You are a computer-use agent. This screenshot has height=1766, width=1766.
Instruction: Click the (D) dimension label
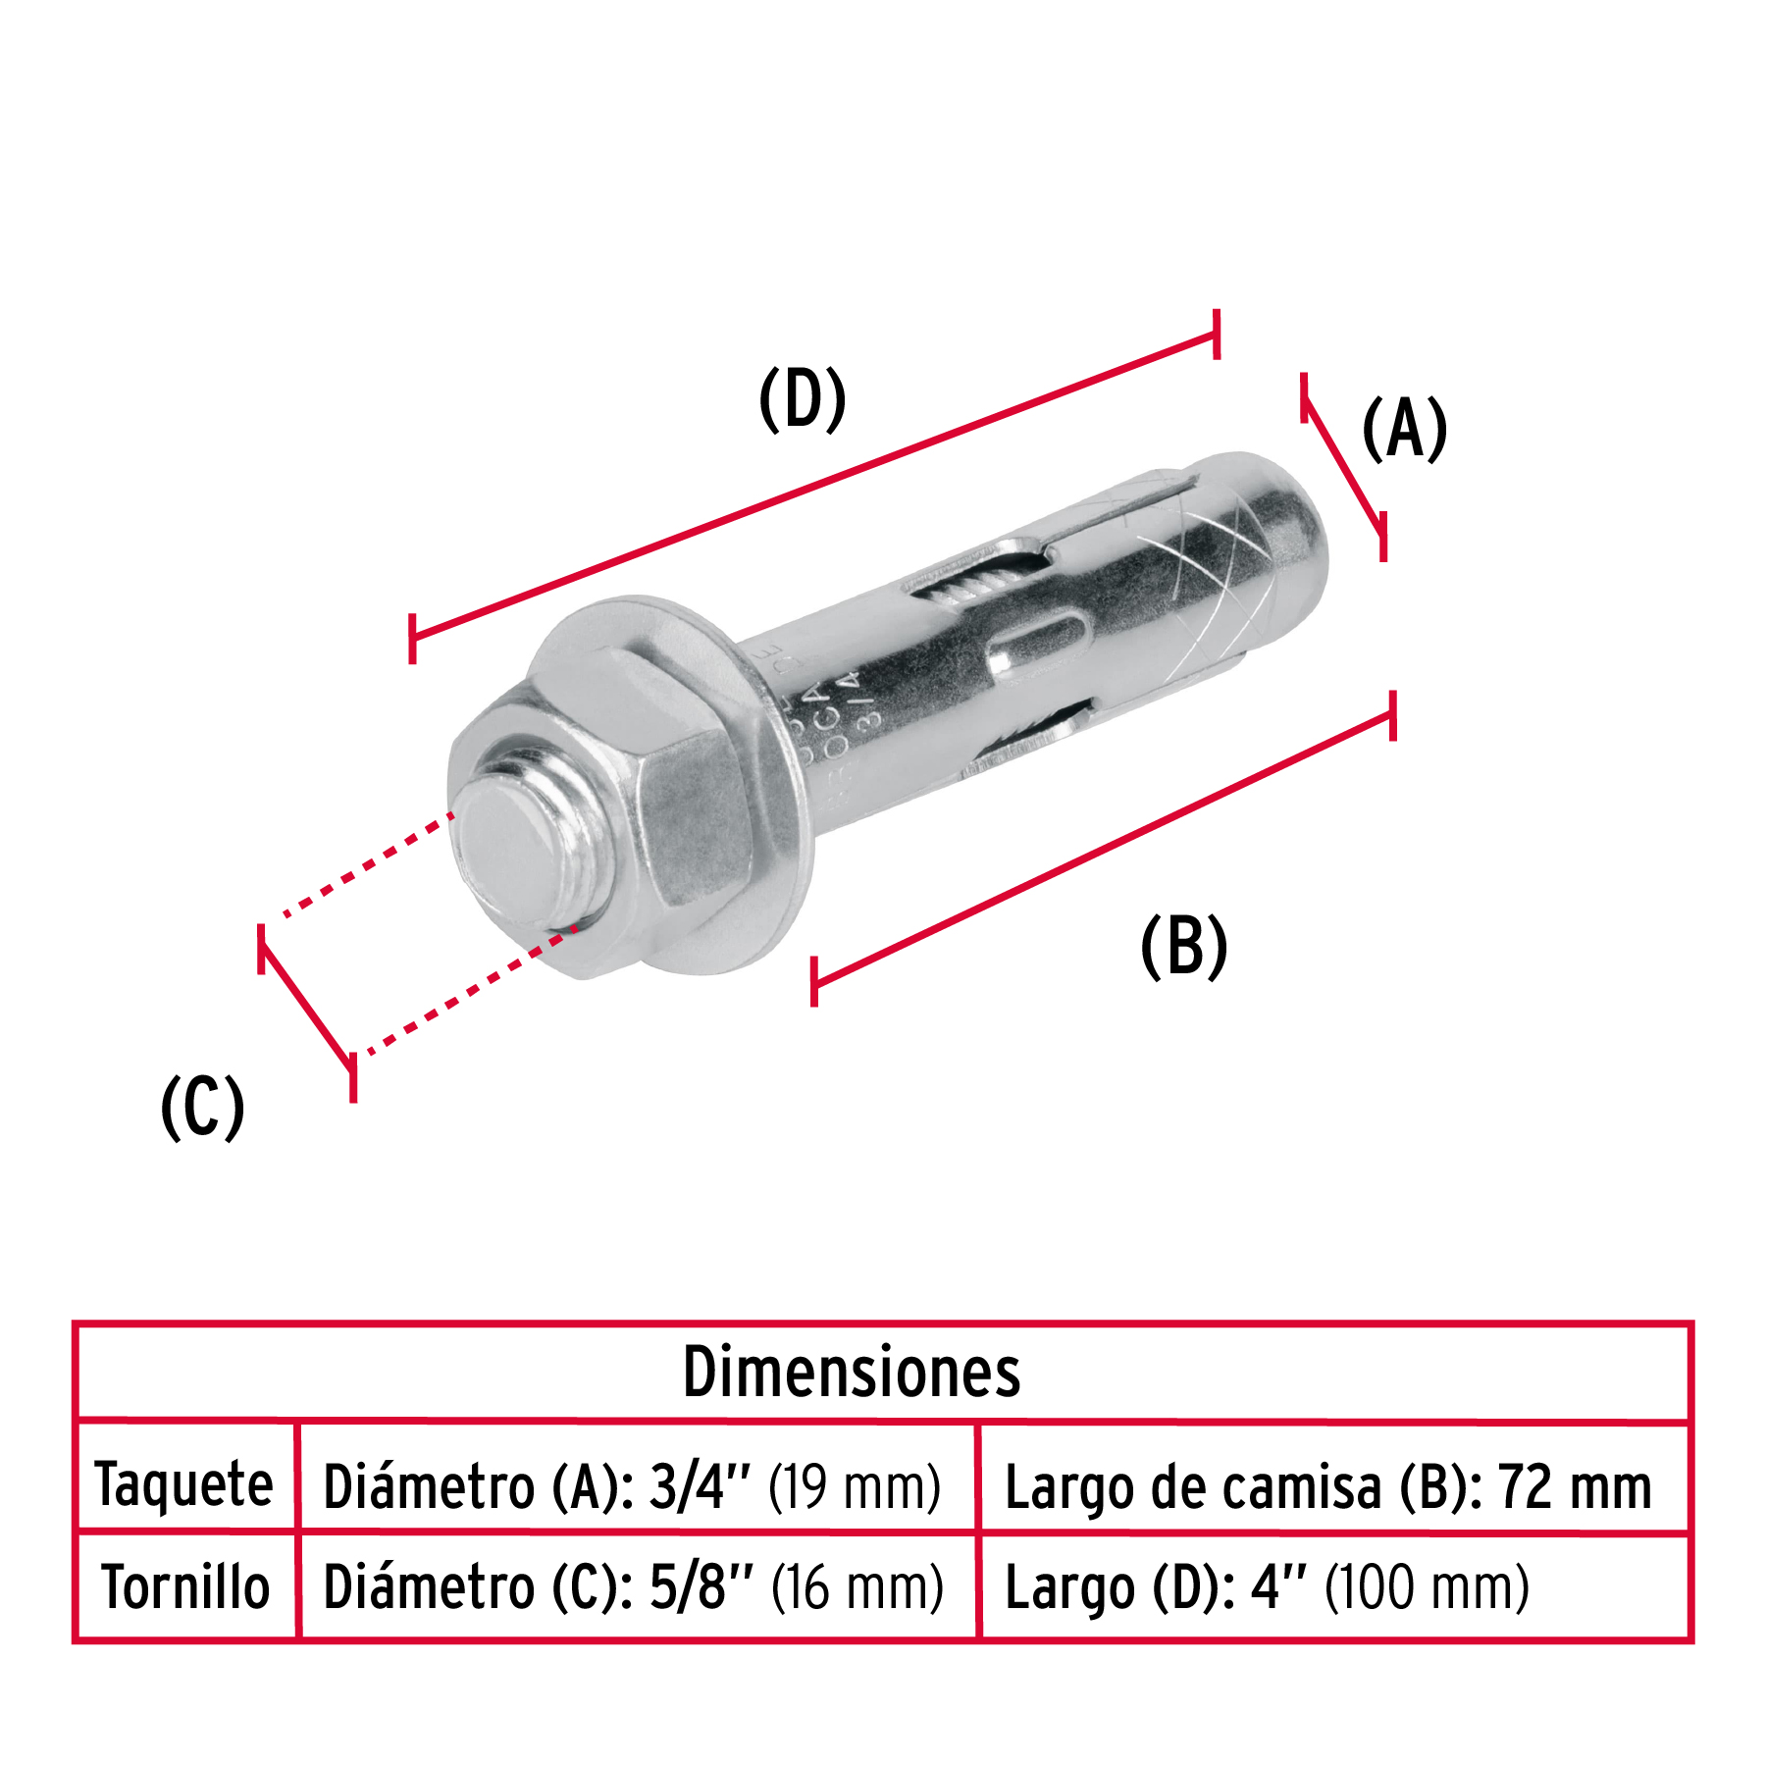[802, 399]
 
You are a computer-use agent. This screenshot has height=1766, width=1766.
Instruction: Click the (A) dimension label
[1404, 429]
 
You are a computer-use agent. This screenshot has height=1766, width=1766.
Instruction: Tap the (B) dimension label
[1183, 946]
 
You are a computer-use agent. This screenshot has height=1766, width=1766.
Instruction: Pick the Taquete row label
[183, 1483]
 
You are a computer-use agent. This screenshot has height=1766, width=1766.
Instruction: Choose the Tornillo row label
[185, 1587]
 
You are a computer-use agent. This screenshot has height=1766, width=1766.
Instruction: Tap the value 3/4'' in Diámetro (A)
[699, 1487]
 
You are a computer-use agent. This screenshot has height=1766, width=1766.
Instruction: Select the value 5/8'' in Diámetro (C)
[701, 1587]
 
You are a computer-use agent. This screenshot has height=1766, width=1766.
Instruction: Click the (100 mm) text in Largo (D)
[1427, 1587]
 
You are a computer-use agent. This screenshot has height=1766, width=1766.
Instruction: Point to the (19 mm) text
[854, 1487]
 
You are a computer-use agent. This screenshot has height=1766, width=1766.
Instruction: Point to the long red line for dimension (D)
[814, 486]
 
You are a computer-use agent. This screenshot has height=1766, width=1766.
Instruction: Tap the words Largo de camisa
[1192, 1487]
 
